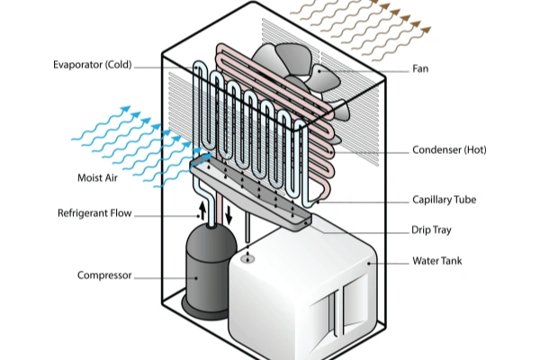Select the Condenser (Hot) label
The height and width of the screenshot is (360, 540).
449,149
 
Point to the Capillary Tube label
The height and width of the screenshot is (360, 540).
444,199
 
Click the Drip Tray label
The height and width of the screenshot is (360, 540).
432,230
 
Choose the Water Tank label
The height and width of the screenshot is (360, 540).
437,262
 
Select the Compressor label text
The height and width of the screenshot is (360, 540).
105,275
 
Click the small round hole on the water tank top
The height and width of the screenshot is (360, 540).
247,259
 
